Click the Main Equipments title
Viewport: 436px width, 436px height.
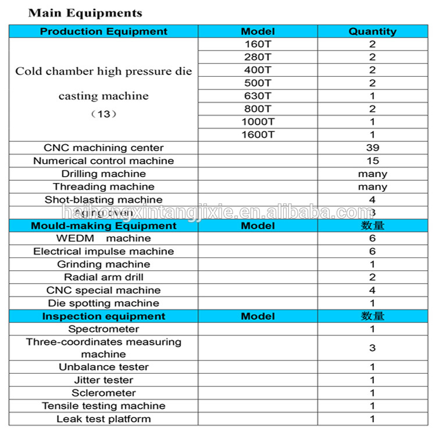[x=85, y=13]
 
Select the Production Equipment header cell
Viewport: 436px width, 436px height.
[x=103, y=31]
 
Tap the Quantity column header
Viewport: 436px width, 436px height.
[x=372, y=31]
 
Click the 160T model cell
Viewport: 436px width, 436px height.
[x=258, y=44]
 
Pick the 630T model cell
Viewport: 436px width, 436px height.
[x=258, y=96]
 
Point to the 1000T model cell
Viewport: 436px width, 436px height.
[x=258, y=122]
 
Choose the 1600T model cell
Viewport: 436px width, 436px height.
[x=258, y=135]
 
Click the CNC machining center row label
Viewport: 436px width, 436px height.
[x=103, y=148]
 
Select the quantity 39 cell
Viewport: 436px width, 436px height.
[x=372, y=148]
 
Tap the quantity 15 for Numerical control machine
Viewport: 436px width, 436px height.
[x=372, y=160]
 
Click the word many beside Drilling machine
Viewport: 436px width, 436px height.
[x=372, y=174]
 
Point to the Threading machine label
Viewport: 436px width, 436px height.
[x=103, y=187]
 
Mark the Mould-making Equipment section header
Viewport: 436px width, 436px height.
[x=103, y=226]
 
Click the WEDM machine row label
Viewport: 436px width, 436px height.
[x=103, y=238]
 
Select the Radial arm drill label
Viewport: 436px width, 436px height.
[x=103, y=277]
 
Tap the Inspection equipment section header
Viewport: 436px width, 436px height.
[x=103, y=316]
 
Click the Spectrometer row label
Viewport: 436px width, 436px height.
[x=103, y=329]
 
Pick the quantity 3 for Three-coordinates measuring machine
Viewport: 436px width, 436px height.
[x=372, y=348]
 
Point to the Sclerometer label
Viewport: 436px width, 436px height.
[x=103, y=393]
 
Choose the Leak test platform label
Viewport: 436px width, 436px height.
[x=103, y=419]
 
